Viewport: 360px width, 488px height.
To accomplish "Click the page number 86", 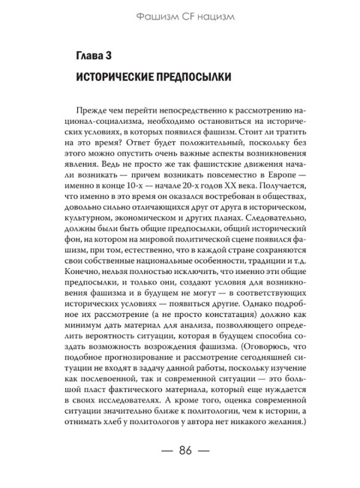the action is [180, 450].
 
